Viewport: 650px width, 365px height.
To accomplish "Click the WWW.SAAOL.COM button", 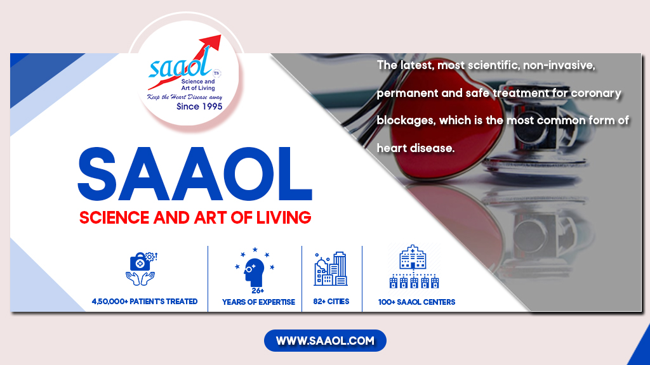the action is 325,340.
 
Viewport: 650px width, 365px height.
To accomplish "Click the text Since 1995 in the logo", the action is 199,106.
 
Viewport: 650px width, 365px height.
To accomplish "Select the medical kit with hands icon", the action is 141,269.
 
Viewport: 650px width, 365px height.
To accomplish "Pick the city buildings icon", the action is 330,269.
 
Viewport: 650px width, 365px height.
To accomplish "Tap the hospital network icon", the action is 414,267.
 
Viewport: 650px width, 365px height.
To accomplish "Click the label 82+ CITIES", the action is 331,301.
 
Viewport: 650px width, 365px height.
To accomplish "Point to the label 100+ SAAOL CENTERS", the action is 416,302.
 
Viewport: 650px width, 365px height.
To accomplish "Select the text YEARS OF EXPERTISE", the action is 259,302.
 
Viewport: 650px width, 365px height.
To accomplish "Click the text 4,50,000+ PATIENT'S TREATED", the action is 145,301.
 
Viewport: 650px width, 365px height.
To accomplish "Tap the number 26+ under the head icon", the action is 258,290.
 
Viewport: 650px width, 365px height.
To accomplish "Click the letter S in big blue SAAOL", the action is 97,174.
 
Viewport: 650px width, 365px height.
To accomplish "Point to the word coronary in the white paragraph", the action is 596,94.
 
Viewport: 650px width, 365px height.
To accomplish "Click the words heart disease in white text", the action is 415,148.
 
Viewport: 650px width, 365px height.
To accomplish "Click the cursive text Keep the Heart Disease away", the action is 185,97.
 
